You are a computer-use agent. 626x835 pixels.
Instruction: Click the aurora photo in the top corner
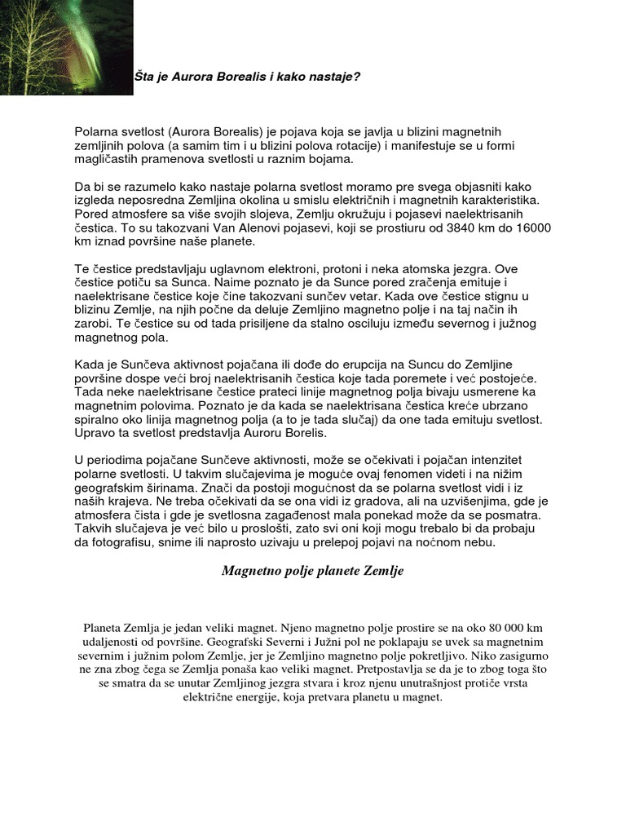pyautogui.click(x=66, y=47)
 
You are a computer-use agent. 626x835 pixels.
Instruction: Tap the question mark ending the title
pyautogui.click(x=357, y=77)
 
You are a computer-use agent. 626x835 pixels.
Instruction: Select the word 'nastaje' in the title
pyautogui.click(x=333, y=77)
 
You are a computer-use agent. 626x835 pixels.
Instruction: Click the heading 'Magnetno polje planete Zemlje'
pyautogui.click(x=312, y=572)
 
